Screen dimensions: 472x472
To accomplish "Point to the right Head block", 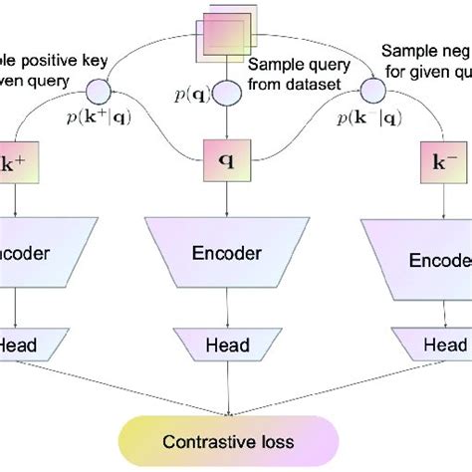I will (438, 346).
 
